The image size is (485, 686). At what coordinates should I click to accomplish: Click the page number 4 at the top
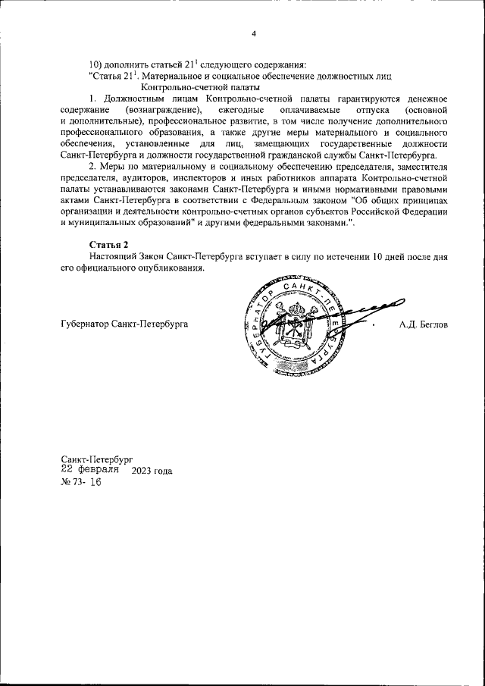[254, 33]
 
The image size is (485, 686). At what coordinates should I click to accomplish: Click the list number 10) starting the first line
[96, 63]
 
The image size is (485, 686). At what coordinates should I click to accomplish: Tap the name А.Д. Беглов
[424, 324]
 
